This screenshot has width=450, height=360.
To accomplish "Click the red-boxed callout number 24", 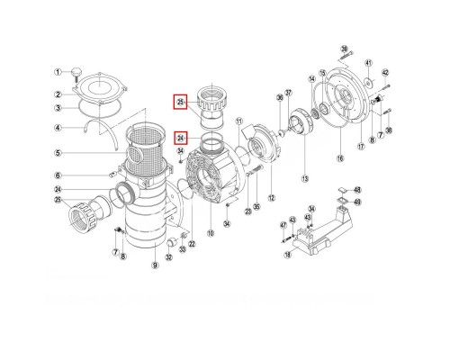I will pos(181,139).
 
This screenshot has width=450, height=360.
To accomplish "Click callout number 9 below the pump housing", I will pos(155,265).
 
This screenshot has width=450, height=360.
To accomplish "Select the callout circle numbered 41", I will pos(367,62).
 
